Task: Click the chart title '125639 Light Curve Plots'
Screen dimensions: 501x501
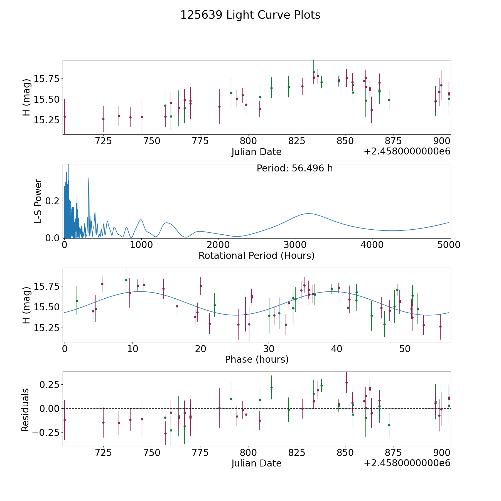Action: pyautogui.click(x=250, y=15)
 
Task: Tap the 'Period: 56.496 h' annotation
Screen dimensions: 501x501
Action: pyautogui.click(x=294, y=168)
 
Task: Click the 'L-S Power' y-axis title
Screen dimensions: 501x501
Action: pyautogui.click(x=38, y=201)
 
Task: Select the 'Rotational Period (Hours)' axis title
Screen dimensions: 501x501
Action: pyautogui.click(x=256, y=256)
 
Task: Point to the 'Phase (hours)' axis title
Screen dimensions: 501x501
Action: pyautogui.click(x=257, y=359)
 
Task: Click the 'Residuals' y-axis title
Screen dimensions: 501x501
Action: pyautogui.click(x=25, y=410)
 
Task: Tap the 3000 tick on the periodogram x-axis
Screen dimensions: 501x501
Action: pyautogui.click(x=295, y=245)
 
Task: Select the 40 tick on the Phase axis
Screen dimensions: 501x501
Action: pyautogui.click(x=337, y=348)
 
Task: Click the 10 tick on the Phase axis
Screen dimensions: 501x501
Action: pyautogui.click(x=132, y=348)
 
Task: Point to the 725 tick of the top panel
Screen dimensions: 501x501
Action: pyautogui.click(x=103, y=141)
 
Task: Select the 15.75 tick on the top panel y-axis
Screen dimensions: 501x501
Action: pyautogui.click(x=47, y=79)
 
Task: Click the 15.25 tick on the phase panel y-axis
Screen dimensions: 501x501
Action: pyautogui.click(x=47, y=328)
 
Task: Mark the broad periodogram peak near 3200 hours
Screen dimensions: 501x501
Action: pyautogui.click(x=308, y=213)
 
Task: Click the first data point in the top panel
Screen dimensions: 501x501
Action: pyautogui.click(x=65, y=117)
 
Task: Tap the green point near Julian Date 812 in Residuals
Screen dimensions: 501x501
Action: pyautogui.click(x=271, y=387)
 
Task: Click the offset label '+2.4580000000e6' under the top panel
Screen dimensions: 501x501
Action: pyautogui.click(x=407, y=151)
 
